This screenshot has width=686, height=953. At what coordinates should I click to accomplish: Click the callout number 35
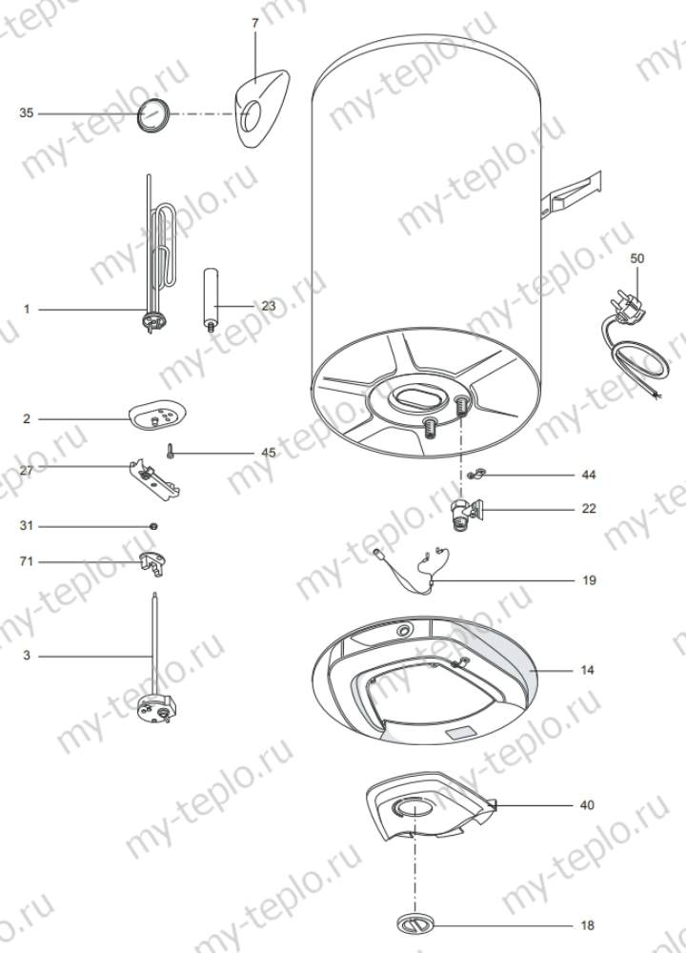[27, 113]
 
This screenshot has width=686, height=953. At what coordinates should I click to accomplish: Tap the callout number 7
[254, 21]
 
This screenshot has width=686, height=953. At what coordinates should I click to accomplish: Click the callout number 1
[27, 309]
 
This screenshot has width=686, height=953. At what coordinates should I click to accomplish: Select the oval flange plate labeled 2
[157, 415]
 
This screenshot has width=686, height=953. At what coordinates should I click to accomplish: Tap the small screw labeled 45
[171, 452]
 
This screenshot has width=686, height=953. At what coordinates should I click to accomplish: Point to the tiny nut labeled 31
[153, 526]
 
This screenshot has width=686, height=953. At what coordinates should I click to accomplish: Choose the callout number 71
[27, 562]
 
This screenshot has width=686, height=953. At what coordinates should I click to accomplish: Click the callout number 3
[27, 656]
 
